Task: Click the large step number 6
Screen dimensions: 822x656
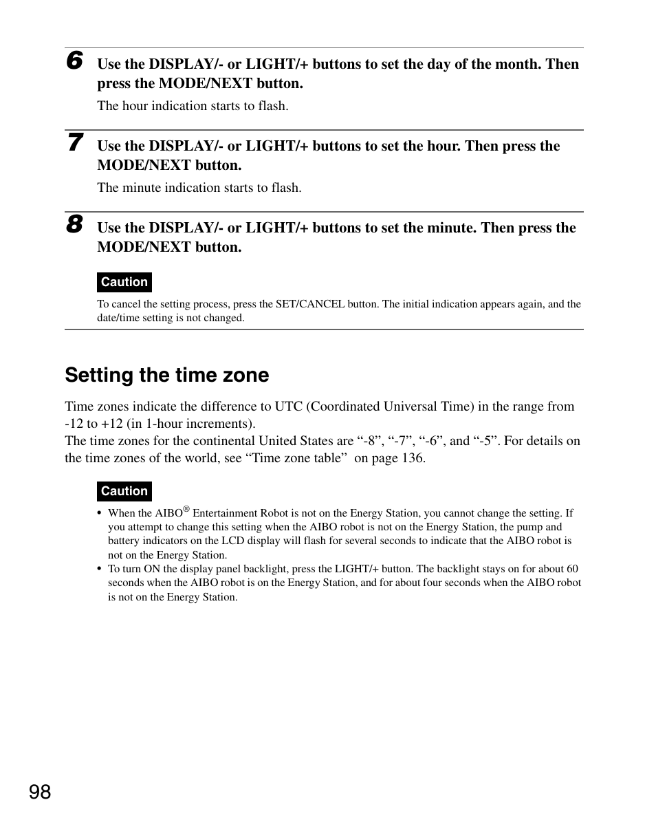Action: [74, 61]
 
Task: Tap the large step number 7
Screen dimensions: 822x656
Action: [74, 143]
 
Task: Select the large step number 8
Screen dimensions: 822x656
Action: [74, 225]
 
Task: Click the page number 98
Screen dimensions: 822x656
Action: [40, 792]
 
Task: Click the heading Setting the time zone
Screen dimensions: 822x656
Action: [167, 375]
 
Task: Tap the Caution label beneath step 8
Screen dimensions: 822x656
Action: [124, 282]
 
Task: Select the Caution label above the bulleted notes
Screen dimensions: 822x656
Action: [124, 491]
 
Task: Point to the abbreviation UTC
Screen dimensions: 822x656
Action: [284, 407]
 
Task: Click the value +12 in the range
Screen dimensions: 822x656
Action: [112, 424]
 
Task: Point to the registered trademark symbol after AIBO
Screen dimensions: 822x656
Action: [186, 509]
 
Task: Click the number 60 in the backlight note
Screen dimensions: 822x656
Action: [572, 569]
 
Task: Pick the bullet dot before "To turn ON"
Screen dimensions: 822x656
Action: [100, 570]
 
